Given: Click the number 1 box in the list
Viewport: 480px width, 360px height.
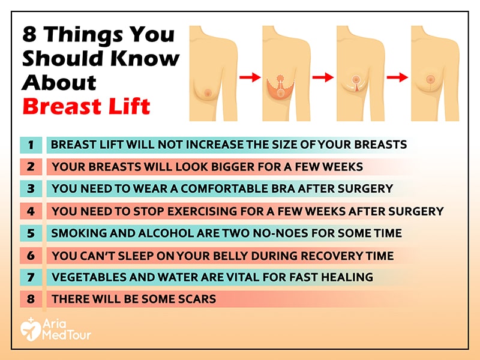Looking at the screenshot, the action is pos(31,145).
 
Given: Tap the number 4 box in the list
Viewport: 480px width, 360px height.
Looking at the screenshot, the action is pos(31,211).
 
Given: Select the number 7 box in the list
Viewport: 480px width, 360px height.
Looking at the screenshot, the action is pos(31,277).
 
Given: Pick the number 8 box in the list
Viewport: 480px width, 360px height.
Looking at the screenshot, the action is pos(31,299).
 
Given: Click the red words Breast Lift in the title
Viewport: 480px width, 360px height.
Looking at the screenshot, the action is pos(86,106).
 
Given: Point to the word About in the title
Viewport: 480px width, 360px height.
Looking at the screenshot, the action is pos(59,82).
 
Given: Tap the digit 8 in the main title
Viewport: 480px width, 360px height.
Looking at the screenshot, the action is pos(29,34).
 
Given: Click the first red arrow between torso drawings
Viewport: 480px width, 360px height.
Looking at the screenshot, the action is pos(250,77).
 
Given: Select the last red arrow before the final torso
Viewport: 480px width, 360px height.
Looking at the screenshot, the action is pos(397,77).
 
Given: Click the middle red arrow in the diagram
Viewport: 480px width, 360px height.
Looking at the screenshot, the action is pos(323,77).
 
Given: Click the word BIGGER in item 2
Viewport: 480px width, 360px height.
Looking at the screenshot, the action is pos(233,167).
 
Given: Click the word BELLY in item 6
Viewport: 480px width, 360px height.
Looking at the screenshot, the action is pos(234,256).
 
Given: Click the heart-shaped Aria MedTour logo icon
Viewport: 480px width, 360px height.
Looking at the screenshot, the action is pos(30,329).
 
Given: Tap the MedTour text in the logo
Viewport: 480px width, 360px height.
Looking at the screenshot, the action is pos(67,335).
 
